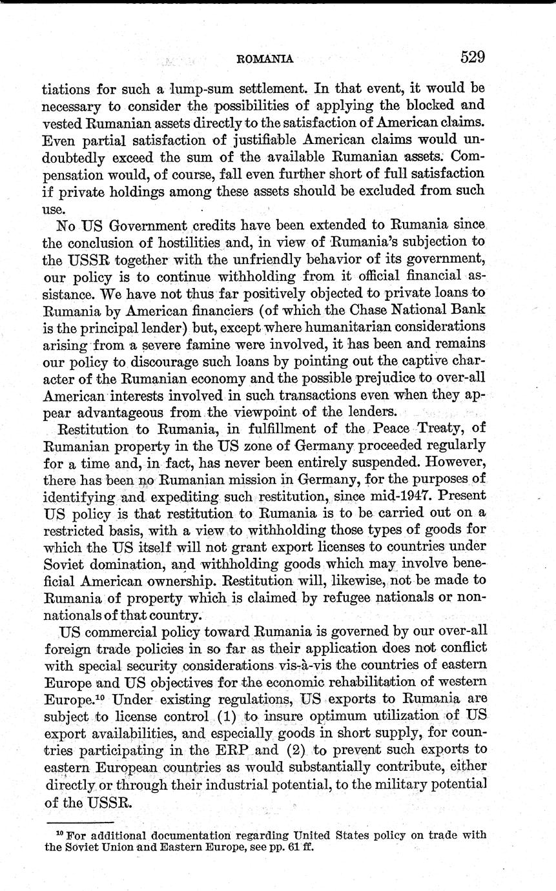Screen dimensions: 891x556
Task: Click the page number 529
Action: pos(473,57)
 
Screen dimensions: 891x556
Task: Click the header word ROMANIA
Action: pos(265,59)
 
